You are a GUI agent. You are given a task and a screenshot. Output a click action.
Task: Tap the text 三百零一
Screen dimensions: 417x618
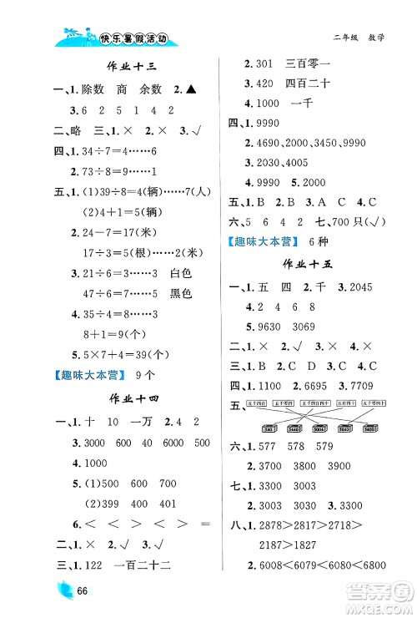pyautogui.click(x=307, y=62)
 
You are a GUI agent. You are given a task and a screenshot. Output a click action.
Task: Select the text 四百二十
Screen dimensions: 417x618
pyautogui.click(x=307, y=83)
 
